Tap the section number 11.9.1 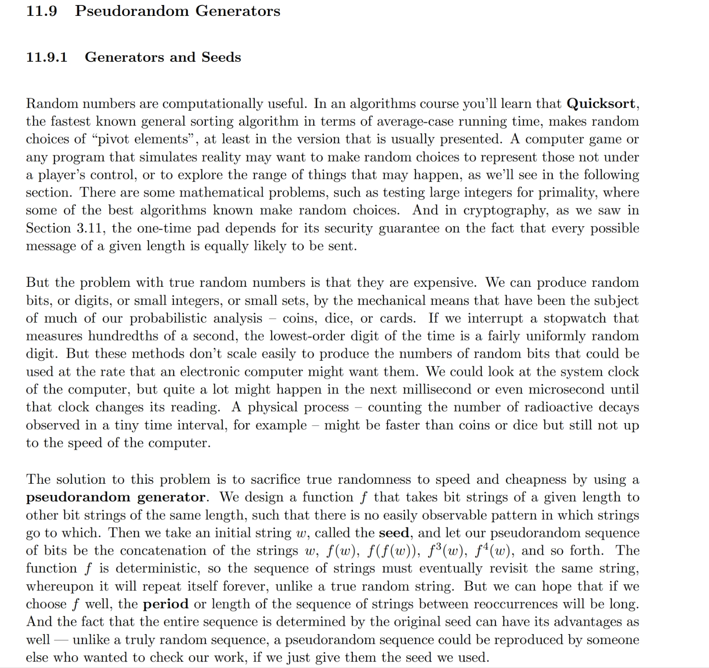tap(47, 58)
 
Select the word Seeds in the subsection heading tap(221, 58)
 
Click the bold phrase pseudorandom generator tap(116, 497)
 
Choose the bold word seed tap(394, 533)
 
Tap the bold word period tap(165, 604)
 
